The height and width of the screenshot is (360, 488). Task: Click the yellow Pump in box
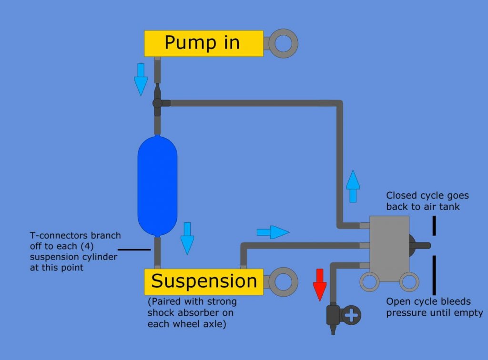pos(203,43)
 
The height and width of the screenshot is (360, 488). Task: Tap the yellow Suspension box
pos(203,281)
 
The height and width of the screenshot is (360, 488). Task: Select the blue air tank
pos(157,186)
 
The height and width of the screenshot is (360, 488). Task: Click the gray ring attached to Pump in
pos(284,43)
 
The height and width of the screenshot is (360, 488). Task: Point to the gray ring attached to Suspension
pos(284,282)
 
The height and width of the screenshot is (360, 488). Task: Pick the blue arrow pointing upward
pos(353,186)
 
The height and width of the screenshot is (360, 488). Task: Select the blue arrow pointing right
pos(273,232)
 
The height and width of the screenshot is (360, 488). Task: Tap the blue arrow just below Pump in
pos(141,79)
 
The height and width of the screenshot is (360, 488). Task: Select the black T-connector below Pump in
pos(158,102)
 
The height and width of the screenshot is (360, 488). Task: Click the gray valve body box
pos(389,248)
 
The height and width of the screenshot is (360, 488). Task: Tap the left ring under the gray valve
pos(369,282)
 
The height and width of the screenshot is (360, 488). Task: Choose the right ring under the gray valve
pos(409,282)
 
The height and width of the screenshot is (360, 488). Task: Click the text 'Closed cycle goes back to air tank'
pos(427,201)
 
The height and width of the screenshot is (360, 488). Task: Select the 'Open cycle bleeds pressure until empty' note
pos(434,307)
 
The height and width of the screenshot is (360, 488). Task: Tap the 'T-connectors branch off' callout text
pos(75,251)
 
